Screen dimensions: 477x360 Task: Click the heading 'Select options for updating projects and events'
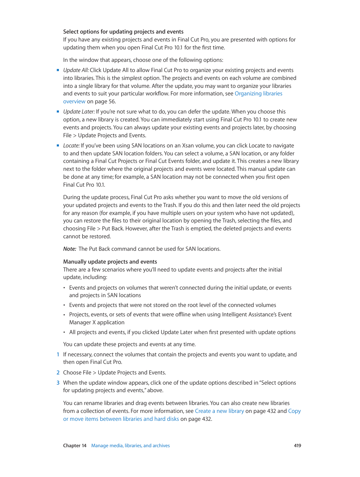(123, 32)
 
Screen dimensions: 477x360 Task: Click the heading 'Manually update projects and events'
(110, 262)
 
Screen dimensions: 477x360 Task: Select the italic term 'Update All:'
(76, 70)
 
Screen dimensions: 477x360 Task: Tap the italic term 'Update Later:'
(79, 112)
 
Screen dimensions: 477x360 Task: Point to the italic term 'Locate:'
(71, 146)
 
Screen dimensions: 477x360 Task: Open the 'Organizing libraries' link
(258, 94)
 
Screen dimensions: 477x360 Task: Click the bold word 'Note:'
(70, 249)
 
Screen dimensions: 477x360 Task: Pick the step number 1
(58, 354)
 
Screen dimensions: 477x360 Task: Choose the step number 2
(58, 373)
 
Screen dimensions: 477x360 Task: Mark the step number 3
(58, 383)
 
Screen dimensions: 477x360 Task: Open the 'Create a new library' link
(219, 411)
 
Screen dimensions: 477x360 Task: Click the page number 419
(297, 446)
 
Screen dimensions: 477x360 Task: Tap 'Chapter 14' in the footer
(75, 446)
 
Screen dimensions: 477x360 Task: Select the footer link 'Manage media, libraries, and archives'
(130, 446)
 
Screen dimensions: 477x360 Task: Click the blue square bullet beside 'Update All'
(58, 70)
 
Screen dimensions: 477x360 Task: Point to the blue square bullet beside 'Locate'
(58, 146)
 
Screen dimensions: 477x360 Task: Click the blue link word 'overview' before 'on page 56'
(74, 101)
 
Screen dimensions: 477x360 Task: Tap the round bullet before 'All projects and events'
(65, 332)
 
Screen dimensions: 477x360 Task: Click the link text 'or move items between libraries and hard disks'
(121, 419)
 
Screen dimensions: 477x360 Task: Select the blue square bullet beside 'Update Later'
(58, 112)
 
